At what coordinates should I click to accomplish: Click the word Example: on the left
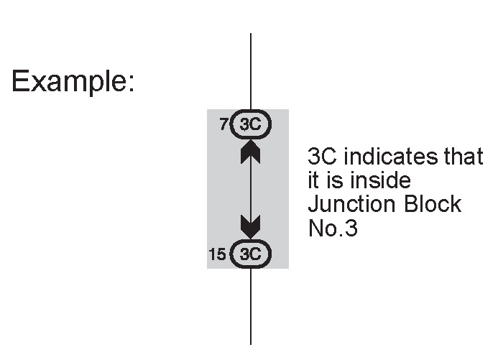coord(73,82)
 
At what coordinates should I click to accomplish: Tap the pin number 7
coord(223,125)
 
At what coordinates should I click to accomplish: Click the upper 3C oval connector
coord(251,125)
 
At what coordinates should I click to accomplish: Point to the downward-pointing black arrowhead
coord(251,227)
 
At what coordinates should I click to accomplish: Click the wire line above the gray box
coord(251,72)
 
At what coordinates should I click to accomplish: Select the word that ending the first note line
coord(465,157)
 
